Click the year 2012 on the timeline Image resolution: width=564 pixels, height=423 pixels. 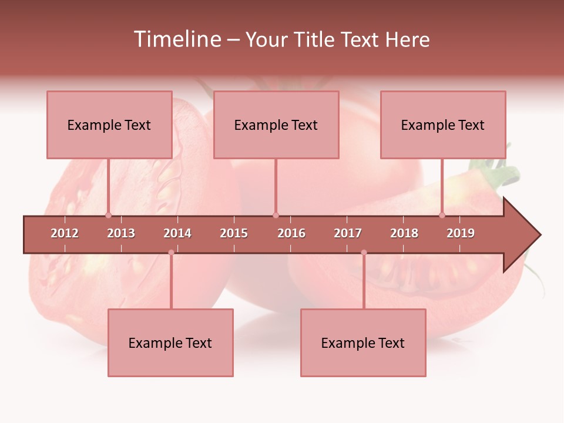pyautogui.click(x=65, y=233)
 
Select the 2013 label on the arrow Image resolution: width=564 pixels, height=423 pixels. pyautogui.click(x=121, y=233)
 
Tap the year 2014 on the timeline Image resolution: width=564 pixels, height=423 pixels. pyautogui.click(x=177, y=233)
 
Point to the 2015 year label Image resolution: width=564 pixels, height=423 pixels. pyautogui.click(x=234, y=233)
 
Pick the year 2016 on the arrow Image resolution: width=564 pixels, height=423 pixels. pyautogui.click(x=291, y=233)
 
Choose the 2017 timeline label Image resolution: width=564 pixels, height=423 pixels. pyautogui.click(x=348, y=233)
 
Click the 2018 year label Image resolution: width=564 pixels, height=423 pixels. pyautogui.click(x=404, y=233)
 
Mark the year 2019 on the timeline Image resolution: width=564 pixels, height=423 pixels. pyautogui.click(x=461, y=233)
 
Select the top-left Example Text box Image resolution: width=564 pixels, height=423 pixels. pyautogui.click(x=109, y=125)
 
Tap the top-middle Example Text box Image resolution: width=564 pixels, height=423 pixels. pyautogui.click(x=276, y=125)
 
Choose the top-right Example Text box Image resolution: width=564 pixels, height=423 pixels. pyautogui.click(x=443, y=125)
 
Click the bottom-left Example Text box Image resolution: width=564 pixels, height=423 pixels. pyautogui.click(x=170, y=343)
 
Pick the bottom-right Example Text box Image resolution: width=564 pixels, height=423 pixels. pyautogui.click(x=363, y=343)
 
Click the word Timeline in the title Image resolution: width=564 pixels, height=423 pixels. pyautogui.click(x=176, y=39)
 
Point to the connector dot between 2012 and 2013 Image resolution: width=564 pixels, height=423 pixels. pyautogui.click(x=108, y=215)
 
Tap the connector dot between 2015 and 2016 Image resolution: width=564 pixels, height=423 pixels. pyautogui.click(x=276, y=215)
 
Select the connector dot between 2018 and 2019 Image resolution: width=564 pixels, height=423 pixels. pyautogui.click(x=442, y=215)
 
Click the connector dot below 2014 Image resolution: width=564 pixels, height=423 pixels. pyautogui.click(x=171, y=253)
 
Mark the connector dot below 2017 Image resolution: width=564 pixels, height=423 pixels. pyautogui.click(x=364, y=253)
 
